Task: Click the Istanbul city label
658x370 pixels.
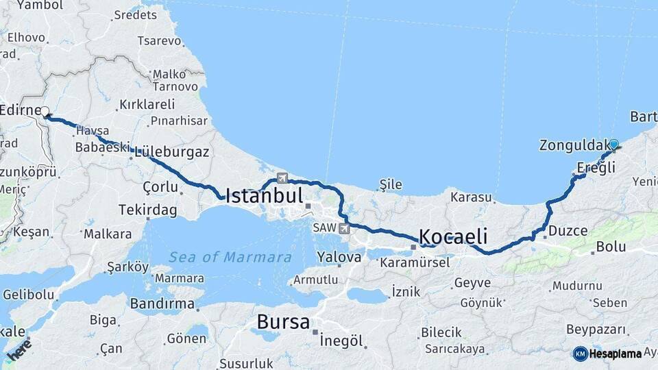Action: (x=264, y=196)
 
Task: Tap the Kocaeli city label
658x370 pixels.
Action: (x=453, y=237)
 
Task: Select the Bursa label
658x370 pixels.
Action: (x=283, y=321)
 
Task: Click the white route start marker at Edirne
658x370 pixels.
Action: (x=45, y=112)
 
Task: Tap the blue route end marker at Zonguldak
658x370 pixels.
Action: (x=614, y=145)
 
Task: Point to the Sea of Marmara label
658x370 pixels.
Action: (x=230, y=258)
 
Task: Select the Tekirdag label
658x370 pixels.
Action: (x=147, y=209)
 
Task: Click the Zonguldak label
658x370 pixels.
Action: (x=570, y=145)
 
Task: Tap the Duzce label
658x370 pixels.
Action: (x=568, y=231)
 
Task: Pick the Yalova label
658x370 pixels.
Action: (x=339, y=258)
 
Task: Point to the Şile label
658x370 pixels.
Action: (x=390, y=184)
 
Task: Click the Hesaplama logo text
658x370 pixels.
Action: (x=616, y=354)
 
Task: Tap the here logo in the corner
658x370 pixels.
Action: (x=19, y=349)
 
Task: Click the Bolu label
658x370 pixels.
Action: (x=611, y=246)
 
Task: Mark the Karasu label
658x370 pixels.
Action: (x=471, y=197)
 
